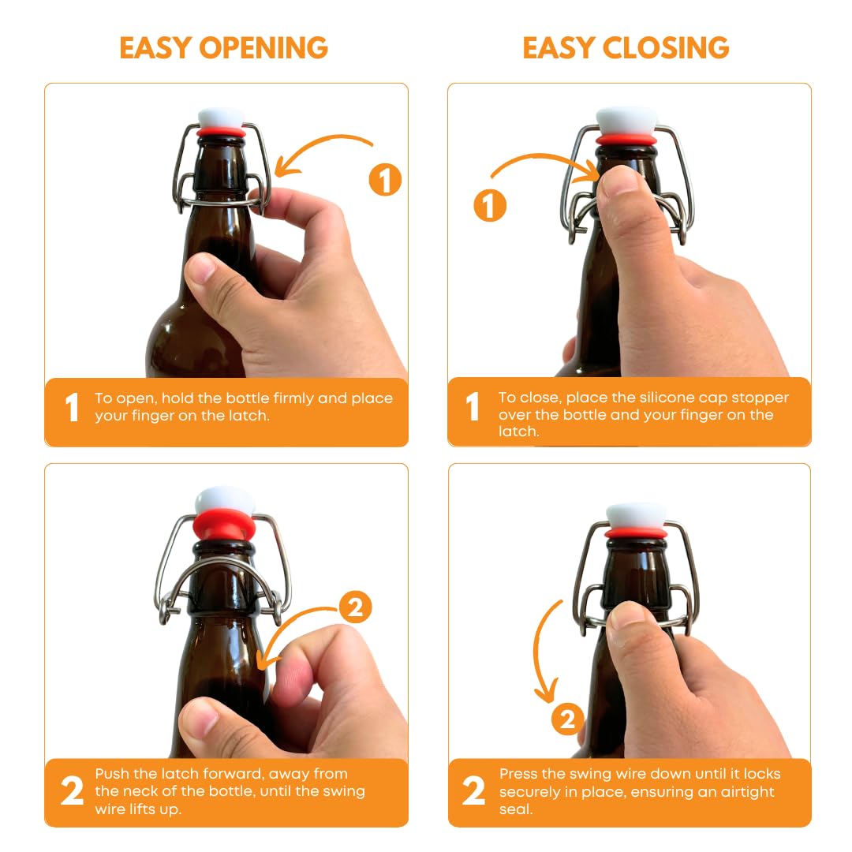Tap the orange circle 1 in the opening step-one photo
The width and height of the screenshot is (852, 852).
[385, 181]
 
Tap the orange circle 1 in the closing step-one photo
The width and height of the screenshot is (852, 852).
[489, 207]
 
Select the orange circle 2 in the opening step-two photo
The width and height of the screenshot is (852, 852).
[355, 607]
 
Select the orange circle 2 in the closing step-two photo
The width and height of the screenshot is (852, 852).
[567, 719]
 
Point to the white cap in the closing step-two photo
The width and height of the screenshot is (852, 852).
[636, 515]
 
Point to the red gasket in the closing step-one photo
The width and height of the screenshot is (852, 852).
[626, 140]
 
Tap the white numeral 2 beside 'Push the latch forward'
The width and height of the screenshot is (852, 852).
[72, 792]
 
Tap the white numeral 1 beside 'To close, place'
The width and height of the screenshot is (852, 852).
[473, 408]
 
